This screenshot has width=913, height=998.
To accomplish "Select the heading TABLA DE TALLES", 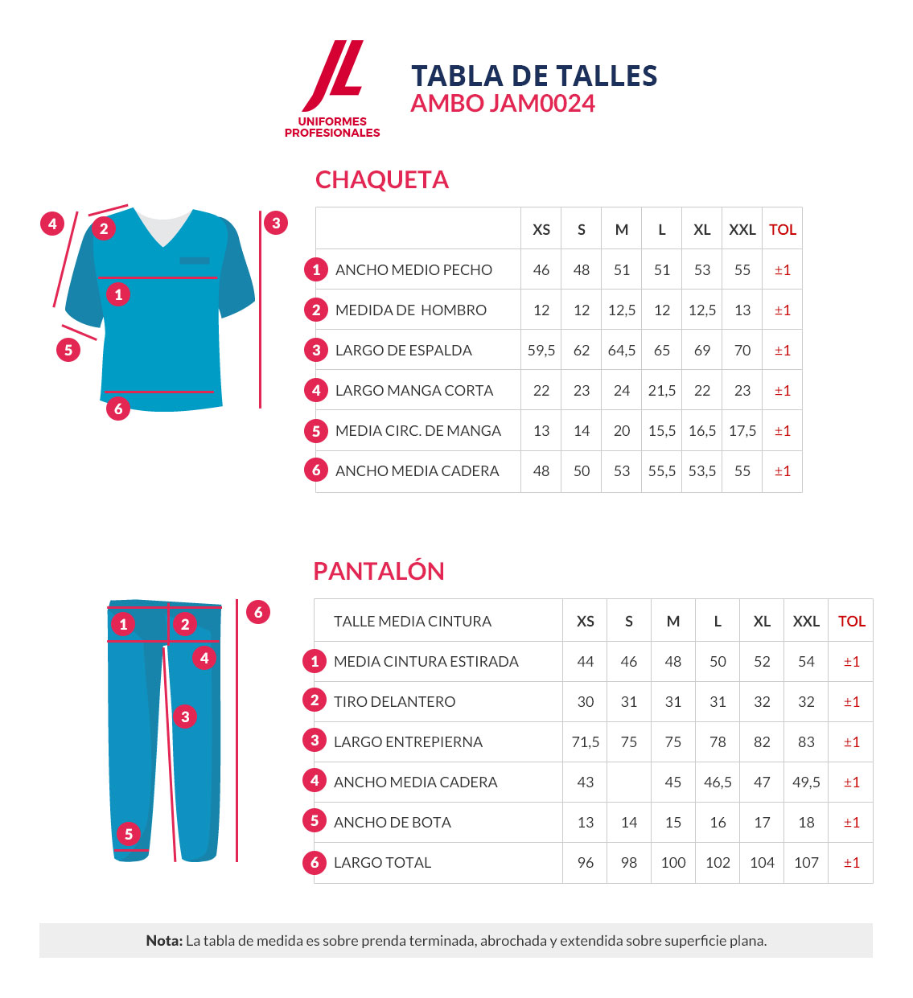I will pyautogui.click(x=534, y=76).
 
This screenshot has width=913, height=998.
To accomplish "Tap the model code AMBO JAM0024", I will pyautogui.click(x=503, y=104).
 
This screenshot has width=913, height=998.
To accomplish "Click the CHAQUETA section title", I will pyautogui.click(x=381, y=179).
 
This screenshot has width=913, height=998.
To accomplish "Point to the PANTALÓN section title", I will pyautogui.click(x=379, y=571).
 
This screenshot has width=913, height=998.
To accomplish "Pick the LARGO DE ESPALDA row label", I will pyautogui.click(x=403, y=351).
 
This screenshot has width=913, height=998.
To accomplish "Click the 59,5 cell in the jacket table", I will pyautogui.click(x=541, y=351).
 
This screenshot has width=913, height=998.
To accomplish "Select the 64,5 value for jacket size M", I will pyautogui.click(x=622, y=351).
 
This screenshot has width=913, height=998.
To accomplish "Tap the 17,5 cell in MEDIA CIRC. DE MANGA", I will pyautogui.click(x=742, y=431).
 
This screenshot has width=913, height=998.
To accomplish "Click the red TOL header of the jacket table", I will pyautogui.click(x=782, y=230).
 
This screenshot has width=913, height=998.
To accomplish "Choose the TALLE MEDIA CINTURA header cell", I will pyautogui.click(x=412, y=622).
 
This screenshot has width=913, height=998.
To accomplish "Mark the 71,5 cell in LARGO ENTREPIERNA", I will pyautogui.click(x=586, y=742).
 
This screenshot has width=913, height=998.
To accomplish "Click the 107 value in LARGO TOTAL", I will pyautogui.click(x=806, y=863).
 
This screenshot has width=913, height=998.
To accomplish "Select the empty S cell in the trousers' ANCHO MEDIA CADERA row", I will pyautogui.click(x=629, y=782).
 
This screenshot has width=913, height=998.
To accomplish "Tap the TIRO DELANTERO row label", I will pyautogui.click(x=394, y=702).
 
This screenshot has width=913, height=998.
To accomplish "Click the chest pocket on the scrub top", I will pyautogui.click(x=195, y=261).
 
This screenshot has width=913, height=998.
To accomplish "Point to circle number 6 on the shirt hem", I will pyautogui.click(x=118, y=409).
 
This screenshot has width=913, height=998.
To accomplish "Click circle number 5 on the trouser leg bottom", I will pyautogui.click(x=129, y=834).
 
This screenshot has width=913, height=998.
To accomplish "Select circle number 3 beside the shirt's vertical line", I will pyautogui.click(x=276, y=223).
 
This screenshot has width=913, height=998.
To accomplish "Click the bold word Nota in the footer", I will pyautogui.click(x=164, y=941).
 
